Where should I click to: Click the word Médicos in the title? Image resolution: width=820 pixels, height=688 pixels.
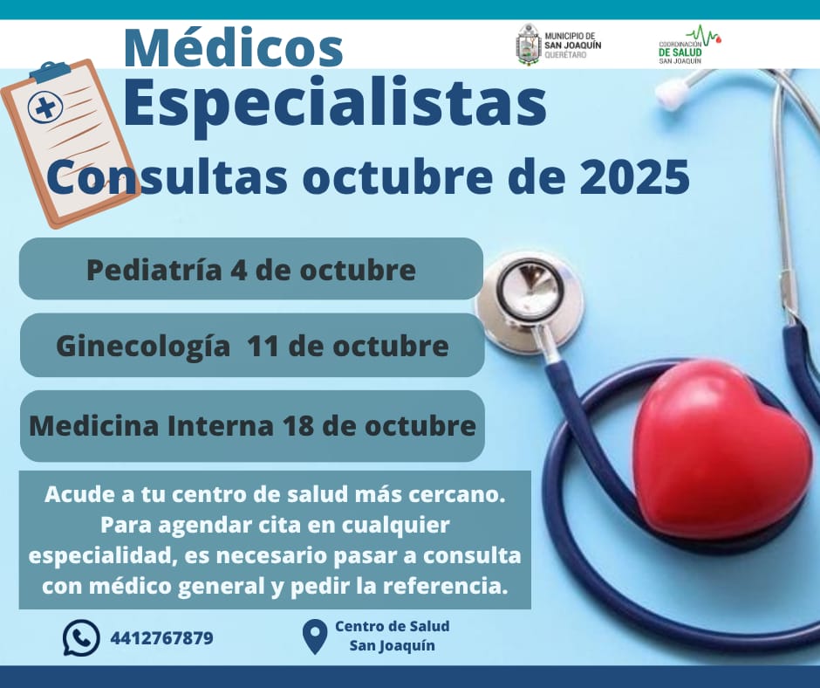click(233, 48)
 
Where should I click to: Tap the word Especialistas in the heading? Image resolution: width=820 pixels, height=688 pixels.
click(335, 105)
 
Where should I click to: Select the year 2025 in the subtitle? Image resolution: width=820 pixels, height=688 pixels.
click(634, 176)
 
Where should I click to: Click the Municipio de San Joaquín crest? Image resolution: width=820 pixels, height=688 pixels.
click(528, 45)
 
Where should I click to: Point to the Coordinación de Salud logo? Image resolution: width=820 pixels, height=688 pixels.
click(688, 45)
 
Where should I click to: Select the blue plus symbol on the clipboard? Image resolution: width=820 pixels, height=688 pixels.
click(45, 107)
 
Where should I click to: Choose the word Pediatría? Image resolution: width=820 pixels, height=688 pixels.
click(154, 270)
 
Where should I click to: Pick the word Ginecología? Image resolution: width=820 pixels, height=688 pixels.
click(143, 347)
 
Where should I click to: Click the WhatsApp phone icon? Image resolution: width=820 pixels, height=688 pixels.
click(81, 637)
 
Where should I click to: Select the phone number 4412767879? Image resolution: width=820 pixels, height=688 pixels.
click(161, 638)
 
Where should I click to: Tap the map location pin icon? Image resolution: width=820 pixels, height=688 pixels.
click(315, 636)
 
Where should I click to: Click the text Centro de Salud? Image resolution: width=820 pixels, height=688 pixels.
click(393, 626)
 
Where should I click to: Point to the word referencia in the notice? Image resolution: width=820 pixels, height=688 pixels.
click(446, 586)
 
